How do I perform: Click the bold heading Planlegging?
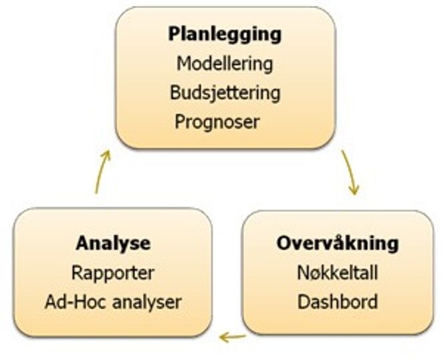225,35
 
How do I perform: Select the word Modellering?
225,64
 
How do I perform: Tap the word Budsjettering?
225,93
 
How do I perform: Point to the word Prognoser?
217,122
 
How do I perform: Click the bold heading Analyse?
113,243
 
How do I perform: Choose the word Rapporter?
113,273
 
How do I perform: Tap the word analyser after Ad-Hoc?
146,302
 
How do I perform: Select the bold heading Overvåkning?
338,243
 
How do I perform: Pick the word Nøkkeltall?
338,273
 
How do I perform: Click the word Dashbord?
338,302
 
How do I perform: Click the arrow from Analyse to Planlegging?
102,171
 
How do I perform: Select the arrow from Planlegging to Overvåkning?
350,172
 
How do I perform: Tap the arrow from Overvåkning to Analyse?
233,337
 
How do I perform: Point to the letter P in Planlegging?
175,33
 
